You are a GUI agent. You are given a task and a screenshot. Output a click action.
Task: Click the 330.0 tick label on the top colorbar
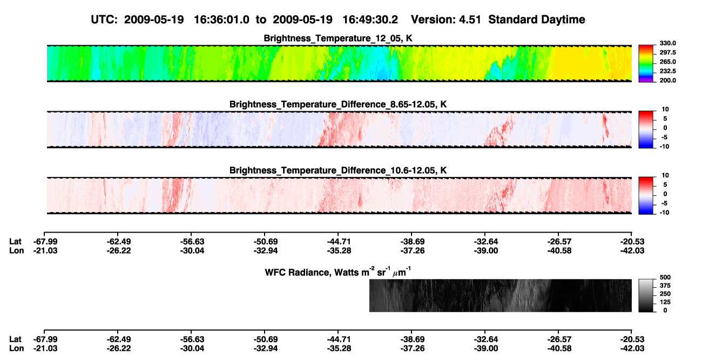pyautogui.click(x=667, y=43)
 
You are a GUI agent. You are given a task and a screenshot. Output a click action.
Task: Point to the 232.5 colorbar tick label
pyautogui.click(x=667, y=71)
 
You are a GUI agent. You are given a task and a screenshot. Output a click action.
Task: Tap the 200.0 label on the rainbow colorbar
pyautogui.click(x=667, y=80)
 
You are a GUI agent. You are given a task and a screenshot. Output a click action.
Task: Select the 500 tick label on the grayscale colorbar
pyautogui.click(x=665, y=277)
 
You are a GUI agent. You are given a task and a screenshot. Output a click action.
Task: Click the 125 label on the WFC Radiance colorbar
pyautogui.click(x=665, y=302)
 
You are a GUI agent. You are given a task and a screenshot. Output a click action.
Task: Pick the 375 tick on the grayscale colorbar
pyautogui.click(x=665, y=286)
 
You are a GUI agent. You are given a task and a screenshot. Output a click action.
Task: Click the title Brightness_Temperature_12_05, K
pyautogui.click(x=338, y=38)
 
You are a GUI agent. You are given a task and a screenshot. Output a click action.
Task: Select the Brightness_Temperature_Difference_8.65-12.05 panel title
pyautogui.click(x=338, y=104)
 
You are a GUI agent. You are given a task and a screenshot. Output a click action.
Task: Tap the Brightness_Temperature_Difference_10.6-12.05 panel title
pyautogui.click(x=338, y=171)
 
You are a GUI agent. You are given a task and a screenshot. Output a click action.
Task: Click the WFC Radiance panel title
pyautogui.click(x=338, y=272)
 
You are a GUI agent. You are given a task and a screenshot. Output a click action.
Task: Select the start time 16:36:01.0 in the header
pyautogui.click(x=221, y=20)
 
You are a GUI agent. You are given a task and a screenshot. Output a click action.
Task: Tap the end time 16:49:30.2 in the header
pyautogui.click(x=370, y=20)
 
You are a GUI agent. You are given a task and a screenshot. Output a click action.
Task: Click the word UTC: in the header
pyautogui.click(x=104, y=20)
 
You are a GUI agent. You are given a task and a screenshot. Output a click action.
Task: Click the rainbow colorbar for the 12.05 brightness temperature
pyautogui.click(x=646, y=64)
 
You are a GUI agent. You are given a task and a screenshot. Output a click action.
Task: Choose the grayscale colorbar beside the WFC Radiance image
pyautogui.click(x=646, y=295)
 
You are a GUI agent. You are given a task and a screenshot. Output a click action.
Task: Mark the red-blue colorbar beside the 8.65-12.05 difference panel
pyautogui.click(x=646, y=130)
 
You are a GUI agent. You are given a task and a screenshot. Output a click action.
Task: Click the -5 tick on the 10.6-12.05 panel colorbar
pyautogui.click(x=664, y=203)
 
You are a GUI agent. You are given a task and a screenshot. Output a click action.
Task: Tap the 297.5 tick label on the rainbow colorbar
pyautogui.click(x=667, y=52)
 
